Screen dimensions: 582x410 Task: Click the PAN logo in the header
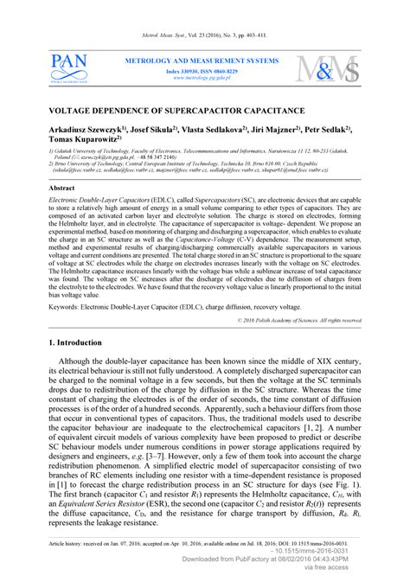click(69, 67)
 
